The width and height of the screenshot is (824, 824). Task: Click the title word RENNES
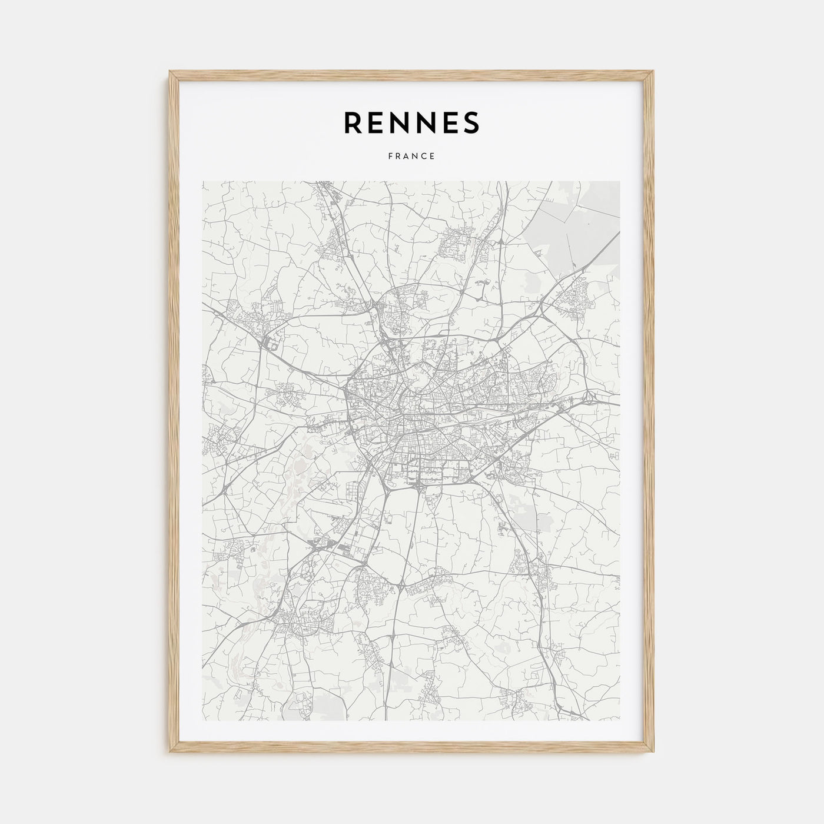[411, 122]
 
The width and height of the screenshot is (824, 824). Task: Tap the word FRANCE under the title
[411, 157]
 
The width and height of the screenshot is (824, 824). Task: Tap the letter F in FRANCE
[390, 157]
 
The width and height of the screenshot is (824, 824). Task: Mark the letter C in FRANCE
[424, 157]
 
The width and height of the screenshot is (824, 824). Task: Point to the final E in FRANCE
[433, 157]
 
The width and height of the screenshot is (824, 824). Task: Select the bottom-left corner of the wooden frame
[170, 753]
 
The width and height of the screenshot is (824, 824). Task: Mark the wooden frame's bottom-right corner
[653, 753]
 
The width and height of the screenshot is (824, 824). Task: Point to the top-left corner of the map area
[202, 182]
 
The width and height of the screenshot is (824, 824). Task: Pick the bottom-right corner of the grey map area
[619, 720]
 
